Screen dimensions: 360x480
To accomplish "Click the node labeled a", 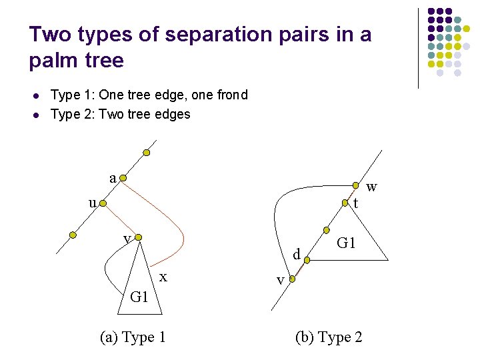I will tap(123, 179).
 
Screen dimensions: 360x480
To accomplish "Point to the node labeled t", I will tap(345, 203).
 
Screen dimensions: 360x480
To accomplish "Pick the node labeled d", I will tap(307, 260).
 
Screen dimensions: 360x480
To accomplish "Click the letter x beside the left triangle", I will tap(163, 275).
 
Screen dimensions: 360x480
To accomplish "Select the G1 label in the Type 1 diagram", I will tap(139, 297).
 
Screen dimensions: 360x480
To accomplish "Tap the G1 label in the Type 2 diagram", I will tap(347, 243).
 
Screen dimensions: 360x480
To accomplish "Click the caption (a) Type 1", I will tap(133, 337).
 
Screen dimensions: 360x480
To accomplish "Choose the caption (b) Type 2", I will tap(329, 337).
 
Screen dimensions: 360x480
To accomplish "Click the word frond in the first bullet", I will tap(232, 95).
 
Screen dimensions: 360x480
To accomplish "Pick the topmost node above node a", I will tap(146, 153).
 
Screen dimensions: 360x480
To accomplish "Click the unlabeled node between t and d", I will tap(327, 230).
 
